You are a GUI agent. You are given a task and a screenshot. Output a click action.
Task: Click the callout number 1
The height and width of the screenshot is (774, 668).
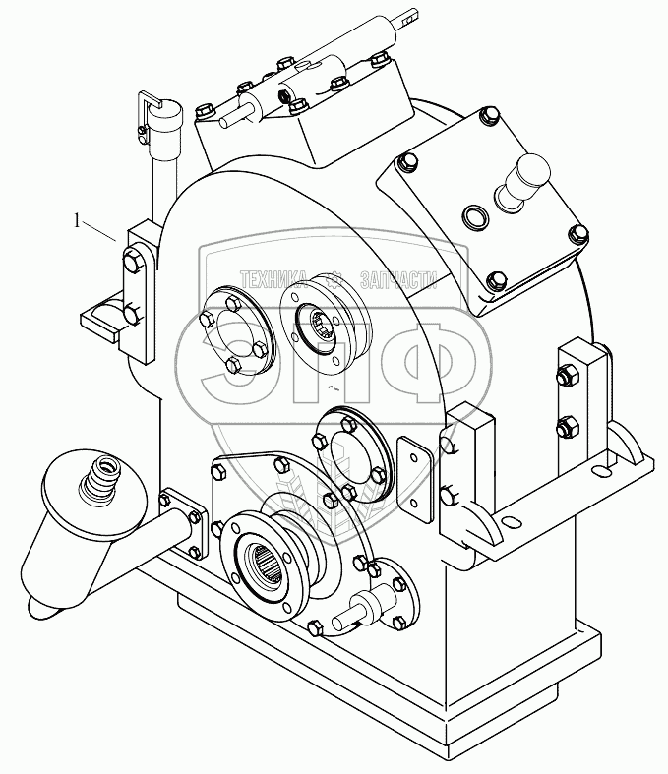point(77,222)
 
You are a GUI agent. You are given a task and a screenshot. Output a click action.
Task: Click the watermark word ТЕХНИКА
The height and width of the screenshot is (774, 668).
point(274,278)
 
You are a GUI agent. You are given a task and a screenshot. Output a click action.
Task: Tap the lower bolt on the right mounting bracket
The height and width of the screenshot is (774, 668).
point(565,426)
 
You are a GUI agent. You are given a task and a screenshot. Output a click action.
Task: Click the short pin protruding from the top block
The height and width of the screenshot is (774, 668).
point(232,116)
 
